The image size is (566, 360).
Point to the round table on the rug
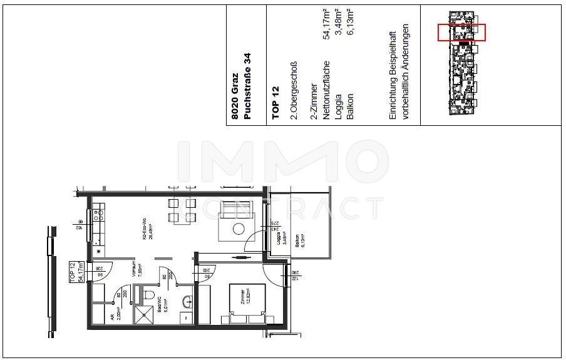coord(239,229)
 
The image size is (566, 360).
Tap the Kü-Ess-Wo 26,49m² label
coord(147,230)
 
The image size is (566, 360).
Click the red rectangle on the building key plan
coord(461,33)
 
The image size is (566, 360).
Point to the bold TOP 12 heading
coord(275,103)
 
